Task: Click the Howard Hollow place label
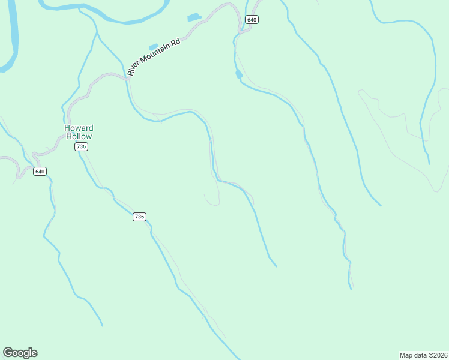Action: pyautogui.click(x=79, y=132)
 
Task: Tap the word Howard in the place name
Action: pyautogui.click(x=79, y=128)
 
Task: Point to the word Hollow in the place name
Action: pyautogui.click(x=79, y=136)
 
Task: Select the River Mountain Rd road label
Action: pyautogui.click(x=154, y=58)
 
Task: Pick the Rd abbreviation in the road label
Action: pyautogui.click(x=176, y=44)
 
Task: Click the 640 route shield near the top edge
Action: pyautogui.click(x=252, y=20)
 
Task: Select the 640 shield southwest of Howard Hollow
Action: pyautogui.click(x=40, y=172)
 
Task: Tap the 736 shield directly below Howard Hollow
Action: pyautogui.click(x=82, y=146)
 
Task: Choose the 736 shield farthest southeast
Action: pyautogui.click(x=139, y=217)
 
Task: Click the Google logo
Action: pyautogui.click(x=20, y=353)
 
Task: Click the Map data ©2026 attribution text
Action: pyautogui.click(x=423, y=355)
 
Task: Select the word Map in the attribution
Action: pyautogui.click(x=406, y=355)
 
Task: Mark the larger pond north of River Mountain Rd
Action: pyautogui.click(x=194, y=17)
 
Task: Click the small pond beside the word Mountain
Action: pyautogui.click(x=153, y=46)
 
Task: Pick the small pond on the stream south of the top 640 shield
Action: pyautogui.click(x=238, y=74)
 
